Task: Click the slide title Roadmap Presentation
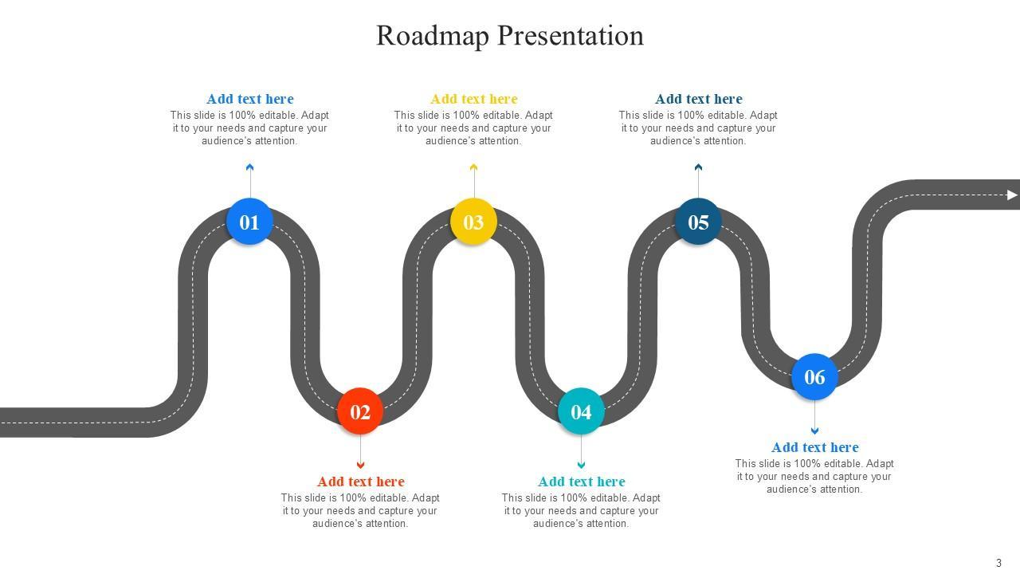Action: (510, 35)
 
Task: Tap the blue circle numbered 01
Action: (249, 222)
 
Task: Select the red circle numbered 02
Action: (360, 411)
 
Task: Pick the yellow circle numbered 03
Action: (473, 222)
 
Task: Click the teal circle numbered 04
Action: (581, 411)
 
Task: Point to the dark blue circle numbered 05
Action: (698, 222)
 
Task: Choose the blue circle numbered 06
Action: (814, 376)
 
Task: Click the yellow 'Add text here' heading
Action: (474, 99)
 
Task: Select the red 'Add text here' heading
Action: (361, 482)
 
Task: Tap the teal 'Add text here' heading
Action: (582, 482)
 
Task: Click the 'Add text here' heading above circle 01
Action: (250, 99)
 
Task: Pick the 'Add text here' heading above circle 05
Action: (699, 99)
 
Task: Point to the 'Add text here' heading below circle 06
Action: (815, 447)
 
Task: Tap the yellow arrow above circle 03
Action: (473, 168)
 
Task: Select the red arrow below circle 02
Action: (360, 465)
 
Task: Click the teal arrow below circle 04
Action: (581, 465)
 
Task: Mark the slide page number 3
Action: (998, 563)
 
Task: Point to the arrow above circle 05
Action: (698, 168)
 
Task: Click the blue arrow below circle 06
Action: (814, 431)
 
